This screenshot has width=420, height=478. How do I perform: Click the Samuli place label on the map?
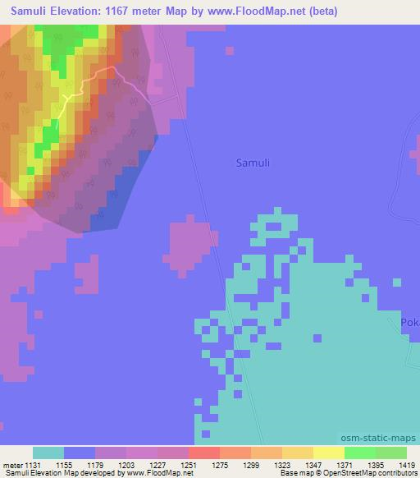click(x=252, y=163)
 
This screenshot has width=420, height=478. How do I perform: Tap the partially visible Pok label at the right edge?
click(x=410, y=323)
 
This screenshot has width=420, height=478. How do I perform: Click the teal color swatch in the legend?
click(x=48, y=453)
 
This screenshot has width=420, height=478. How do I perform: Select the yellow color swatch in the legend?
click(x=328, y=453)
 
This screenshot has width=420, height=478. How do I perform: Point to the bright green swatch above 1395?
click(x=359, y=453)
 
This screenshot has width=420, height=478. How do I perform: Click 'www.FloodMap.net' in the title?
click(x=253, y=12)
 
